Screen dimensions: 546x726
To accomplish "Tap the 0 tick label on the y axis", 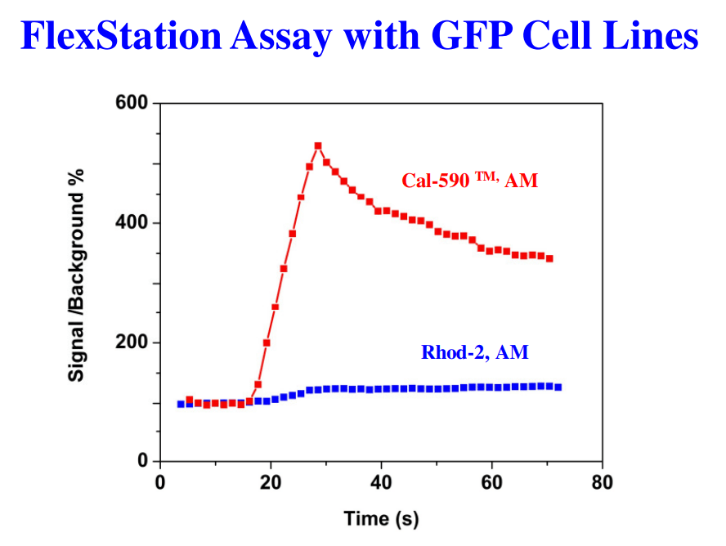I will coord(141,462).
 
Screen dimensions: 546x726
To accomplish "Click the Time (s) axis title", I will coord(381,518).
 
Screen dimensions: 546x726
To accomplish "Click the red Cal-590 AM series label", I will coord(469,181).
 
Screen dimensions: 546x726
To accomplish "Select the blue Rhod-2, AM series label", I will coord(474,353).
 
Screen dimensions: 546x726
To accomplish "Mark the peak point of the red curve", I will coord(318,146).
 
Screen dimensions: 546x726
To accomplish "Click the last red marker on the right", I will coord(549,258).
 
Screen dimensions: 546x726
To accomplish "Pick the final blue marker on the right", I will coord(558,387).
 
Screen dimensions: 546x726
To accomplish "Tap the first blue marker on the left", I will coord(181,404).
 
